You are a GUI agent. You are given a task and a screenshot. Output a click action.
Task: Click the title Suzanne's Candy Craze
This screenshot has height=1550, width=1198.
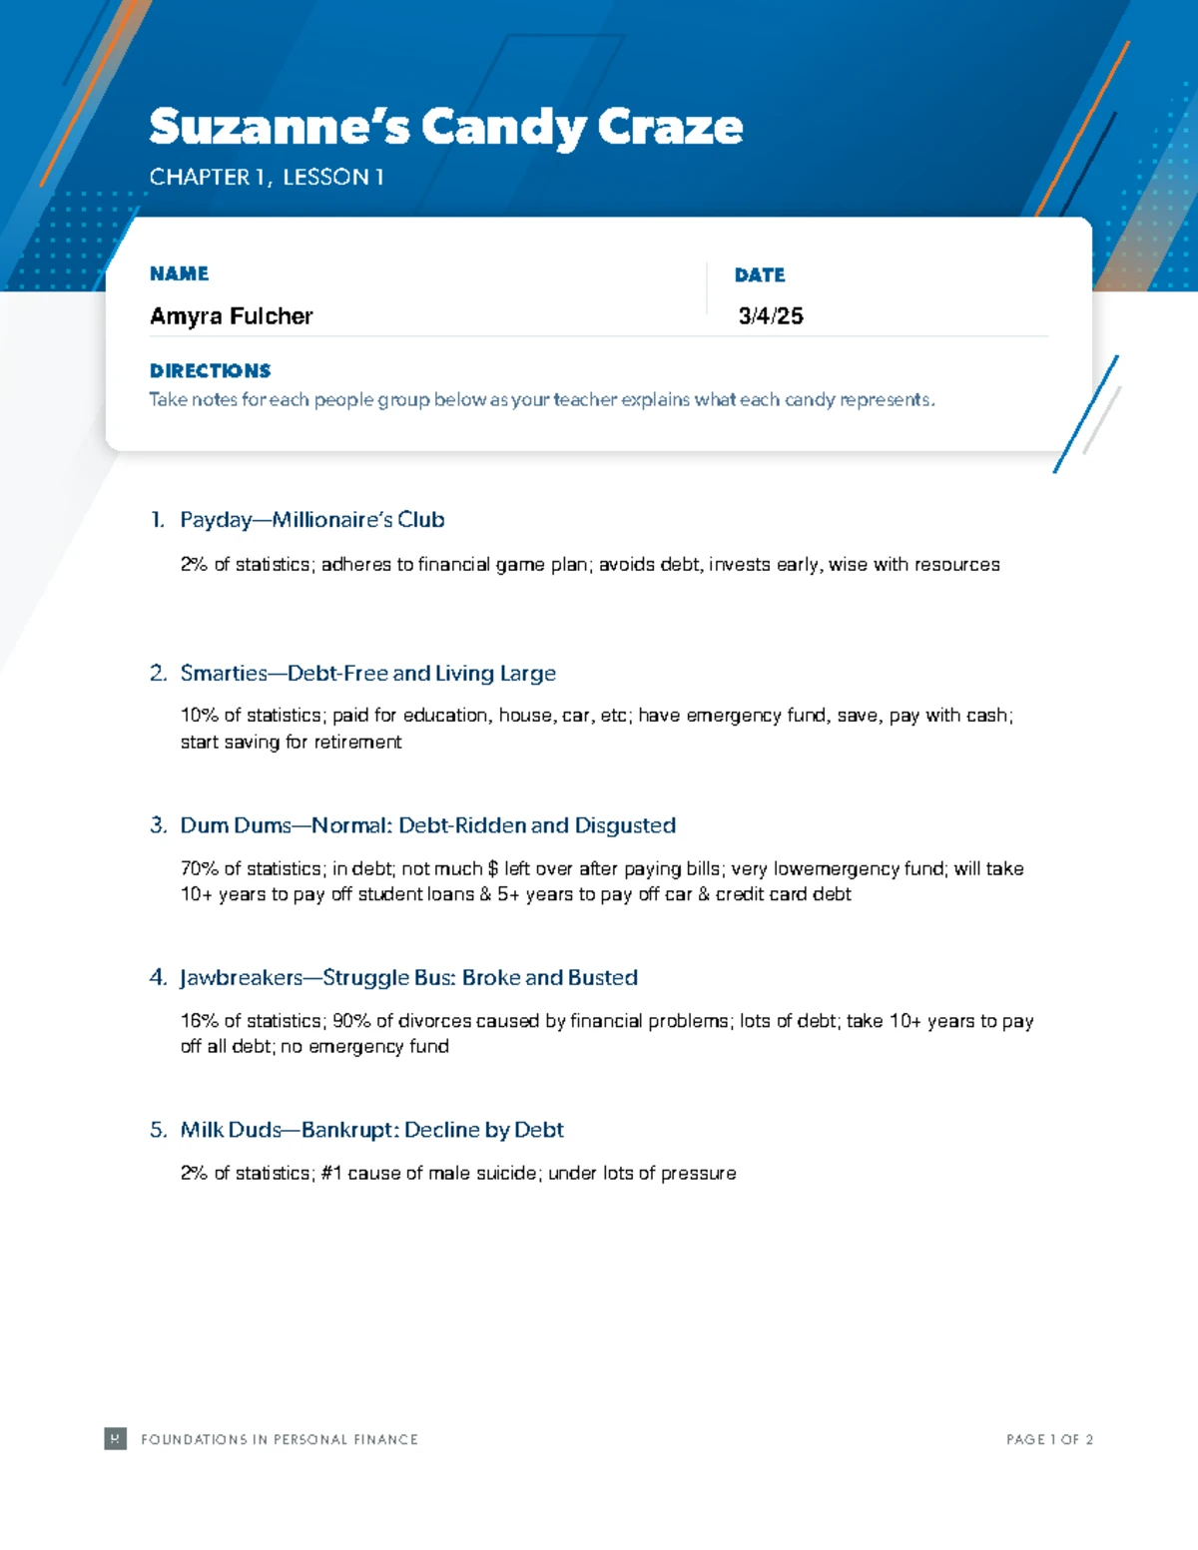pos(445,127)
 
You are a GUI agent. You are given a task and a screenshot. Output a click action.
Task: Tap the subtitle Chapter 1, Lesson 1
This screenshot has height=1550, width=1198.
pos(267,178)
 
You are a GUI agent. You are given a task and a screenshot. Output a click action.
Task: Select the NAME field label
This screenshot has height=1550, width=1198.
pos(179,273)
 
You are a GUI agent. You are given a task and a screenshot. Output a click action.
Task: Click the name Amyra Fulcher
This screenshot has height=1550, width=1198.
pos(231,316)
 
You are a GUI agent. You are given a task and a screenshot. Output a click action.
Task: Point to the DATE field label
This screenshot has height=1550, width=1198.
pos(760,274)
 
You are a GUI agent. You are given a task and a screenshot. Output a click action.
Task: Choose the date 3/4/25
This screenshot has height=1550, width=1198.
pos(771,316)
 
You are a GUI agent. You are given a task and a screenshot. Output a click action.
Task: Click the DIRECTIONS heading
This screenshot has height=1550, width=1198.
pos(210,370)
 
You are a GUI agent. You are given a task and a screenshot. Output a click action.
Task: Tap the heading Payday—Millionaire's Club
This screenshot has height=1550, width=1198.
pos(311,520)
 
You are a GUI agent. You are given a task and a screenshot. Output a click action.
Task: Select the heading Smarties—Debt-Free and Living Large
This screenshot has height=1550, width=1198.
pos(367,674)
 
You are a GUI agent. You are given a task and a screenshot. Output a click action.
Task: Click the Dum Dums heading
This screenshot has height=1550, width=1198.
pos(427,825)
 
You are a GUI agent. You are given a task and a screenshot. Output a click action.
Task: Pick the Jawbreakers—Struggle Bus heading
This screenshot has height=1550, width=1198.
pos(408,978)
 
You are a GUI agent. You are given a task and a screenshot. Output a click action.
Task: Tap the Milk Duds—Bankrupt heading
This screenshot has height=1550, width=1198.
pos(371,1130)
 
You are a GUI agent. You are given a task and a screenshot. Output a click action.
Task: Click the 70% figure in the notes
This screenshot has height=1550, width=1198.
pos(199,869)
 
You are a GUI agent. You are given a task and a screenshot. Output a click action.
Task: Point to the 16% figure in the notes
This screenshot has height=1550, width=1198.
pos(199,1021)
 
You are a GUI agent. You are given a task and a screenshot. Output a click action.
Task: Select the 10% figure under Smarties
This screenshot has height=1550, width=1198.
pos(199,716)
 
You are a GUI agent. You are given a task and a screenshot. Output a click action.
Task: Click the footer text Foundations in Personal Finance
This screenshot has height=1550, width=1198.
pos(280,1439)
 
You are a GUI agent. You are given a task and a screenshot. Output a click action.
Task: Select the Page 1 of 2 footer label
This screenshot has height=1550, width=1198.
pos(1049,1439)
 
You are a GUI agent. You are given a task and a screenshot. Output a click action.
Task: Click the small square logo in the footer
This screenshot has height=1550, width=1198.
pos(115,1438)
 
